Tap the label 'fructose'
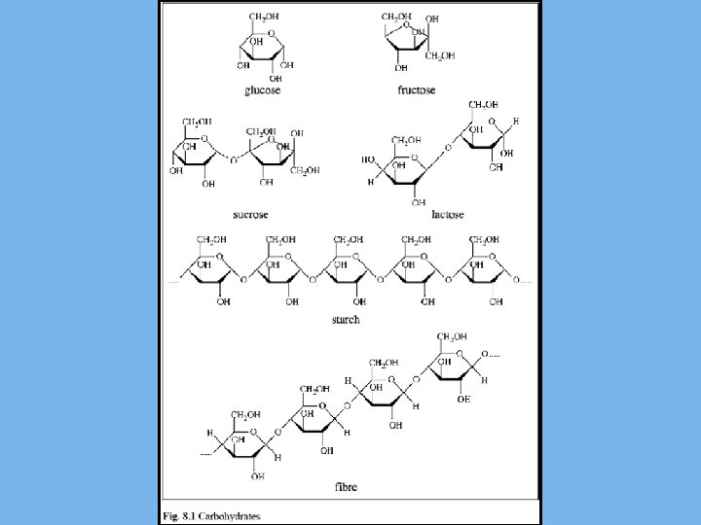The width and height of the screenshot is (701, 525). [x=415, y=90]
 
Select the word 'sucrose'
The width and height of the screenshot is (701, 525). [x=250, y=214]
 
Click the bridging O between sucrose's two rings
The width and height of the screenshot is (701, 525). [x=233, y=157]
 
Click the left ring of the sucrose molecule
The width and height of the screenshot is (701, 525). [x=195, y=154]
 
